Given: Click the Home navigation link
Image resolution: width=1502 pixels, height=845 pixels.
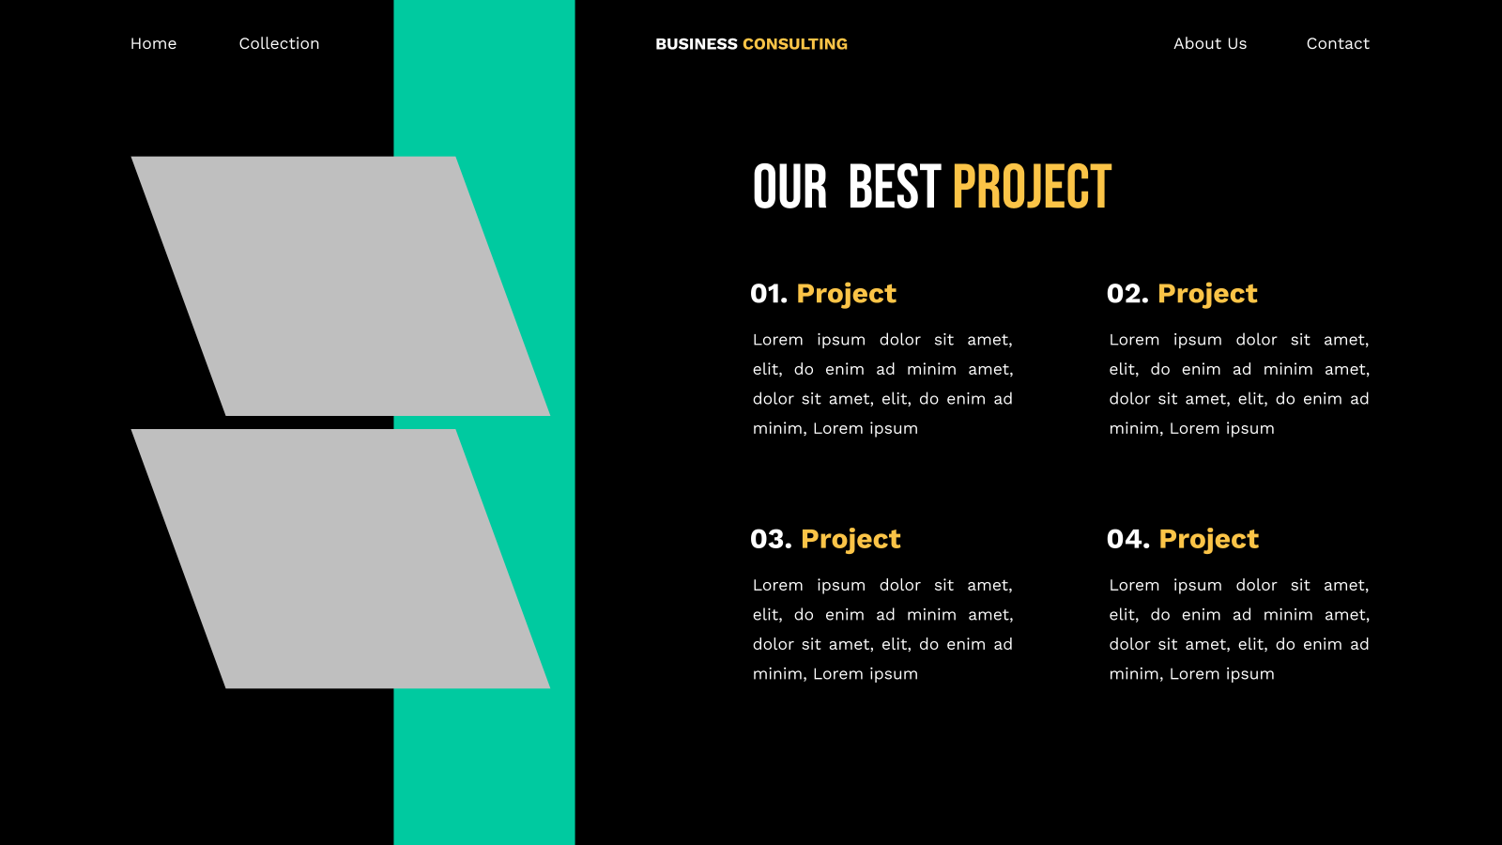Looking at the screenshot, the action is tap(154, 43).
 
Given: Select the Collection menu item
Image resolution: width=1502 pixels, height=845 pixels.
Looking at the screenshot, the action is tap(279, 43).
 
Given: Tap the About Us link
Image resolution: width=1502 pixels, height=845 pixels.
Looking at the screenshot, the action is tap(1210, 43).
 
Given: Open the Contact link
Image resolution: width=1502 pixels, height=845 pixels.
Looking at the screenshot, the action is tap(1338, 43).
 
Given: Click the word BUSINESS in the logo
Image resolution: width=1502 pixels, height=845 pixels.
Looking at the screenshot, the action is tap(696, 44).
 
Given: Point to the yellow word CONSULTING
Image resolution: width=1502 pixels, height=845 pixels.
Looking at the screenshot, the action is tap(794, 44).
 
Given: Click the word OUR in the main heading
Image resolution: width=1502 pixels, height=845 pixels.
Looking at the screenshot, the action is tap(789, 187).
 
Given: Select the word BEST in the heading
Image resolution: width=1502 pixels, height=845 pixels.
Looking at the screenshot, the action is tap(894, 187).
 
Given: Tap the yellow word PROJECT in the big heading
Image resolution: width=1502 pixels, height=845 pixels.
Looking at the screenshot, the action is tap(1032, 187).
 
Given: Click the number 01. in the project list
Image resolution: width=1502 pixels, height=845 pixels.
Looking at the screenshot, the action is tap(769, 294).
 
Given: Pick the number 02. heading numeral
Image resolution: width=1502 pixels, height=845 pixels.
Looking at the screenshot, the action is tap(1127, 294).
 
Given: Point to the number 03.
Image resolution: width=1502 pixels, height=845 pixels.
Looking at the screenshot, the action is tap(771, 539).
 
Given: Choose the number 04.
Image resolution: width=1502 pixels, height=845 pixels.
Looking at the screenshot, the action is tap(1127, 539).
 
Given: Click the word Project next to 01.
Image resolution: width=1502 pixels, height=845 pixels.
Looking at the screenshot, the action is tap(846, 295).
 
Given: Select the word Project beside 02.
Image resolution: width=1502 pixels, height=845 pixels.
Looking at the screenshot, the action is tap(1207, 295).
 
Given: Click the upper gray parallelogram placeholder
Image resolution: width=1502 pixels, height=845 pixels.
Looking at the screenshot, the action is tap(341, 286).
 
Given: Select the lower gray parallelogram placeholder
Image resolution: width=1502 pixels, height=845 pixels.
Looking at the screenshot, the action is tap(341, 559).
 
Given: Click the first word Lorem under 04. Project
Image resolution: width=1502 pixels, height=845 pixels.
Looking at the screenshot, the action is tap(1134, 586).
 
